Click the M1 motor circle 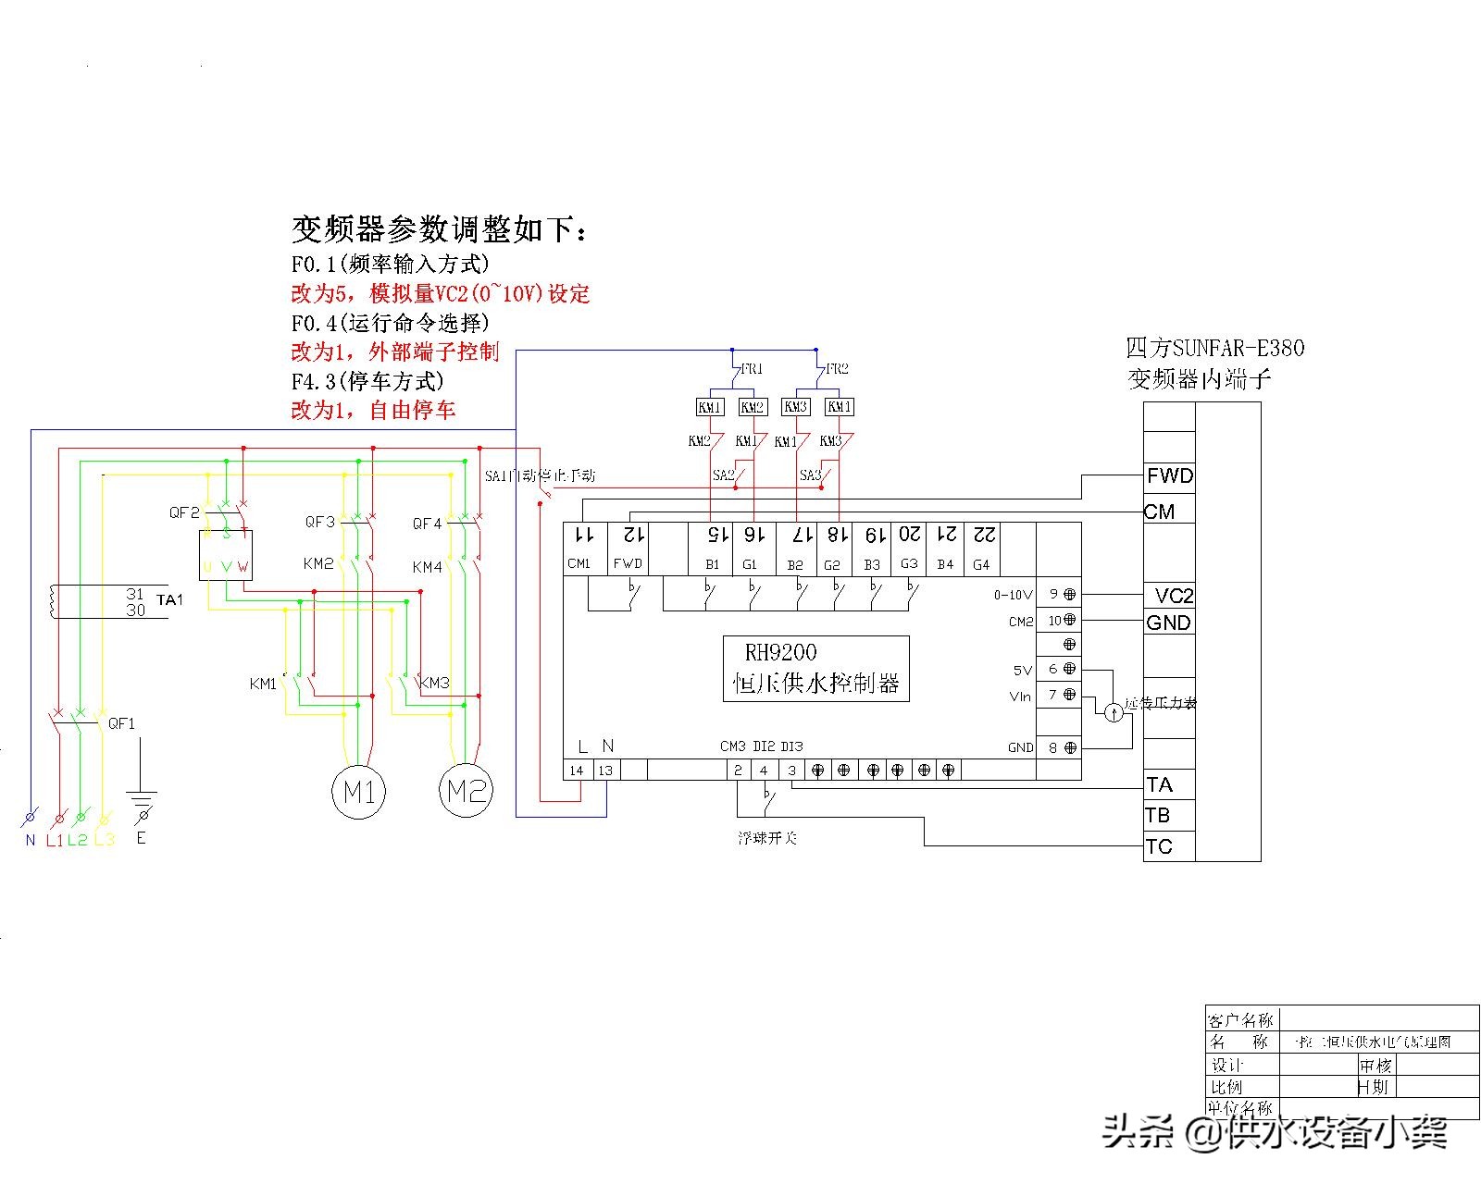(359, 792)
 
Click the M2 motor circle (466, 791)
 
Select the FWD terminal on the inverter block (1170, 476)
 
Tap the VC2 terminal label (1174, 596)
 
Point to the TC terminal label (1159, 846)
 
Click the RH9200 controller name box (815, 668)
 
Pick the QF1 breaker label (121, 723)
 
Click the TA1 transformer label (169, 600)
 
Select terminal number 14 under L (577, 770)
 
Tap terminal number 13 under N (604, 770)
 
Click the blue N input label (31, 840)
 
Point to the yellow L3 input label (105, 840)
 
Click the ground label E (141, 838)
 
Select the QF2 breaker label (184, 512)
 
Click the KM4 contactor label (427, 567)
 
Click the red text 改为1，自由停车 (374, 410)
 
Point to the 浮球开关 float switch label (767, 838)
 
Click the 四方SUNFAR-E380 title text (1214, 348)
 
